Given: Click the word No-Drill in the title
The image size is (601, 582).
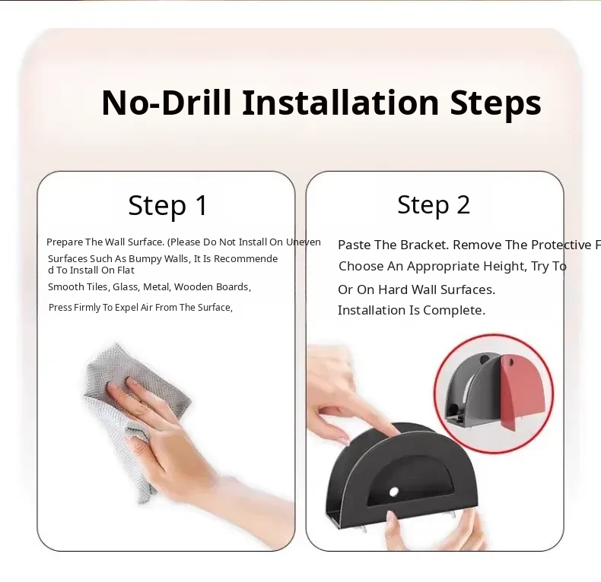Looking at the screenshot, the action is (x=167, y=103).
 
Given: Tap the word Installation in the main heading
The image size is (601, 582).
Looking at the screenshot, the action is (x=340, y=103).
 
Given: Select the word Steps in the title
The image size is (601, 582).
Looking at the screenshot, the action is (x=495, y=103).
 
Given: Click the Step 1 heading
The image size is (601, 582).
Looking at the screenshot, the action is (x=168, y=206).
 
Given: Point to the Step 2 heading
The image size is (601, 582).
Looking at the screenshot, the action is (x=434, y=205).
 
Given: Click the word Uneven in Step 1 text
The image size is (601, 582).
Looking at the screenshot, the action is (x=304, y=242).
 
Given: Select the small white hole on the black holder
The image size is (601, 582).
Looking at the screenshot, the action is (x=393, y=492).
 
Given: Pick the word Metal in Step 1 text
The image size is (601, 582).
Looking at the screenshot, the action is (x=157, y=287).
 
